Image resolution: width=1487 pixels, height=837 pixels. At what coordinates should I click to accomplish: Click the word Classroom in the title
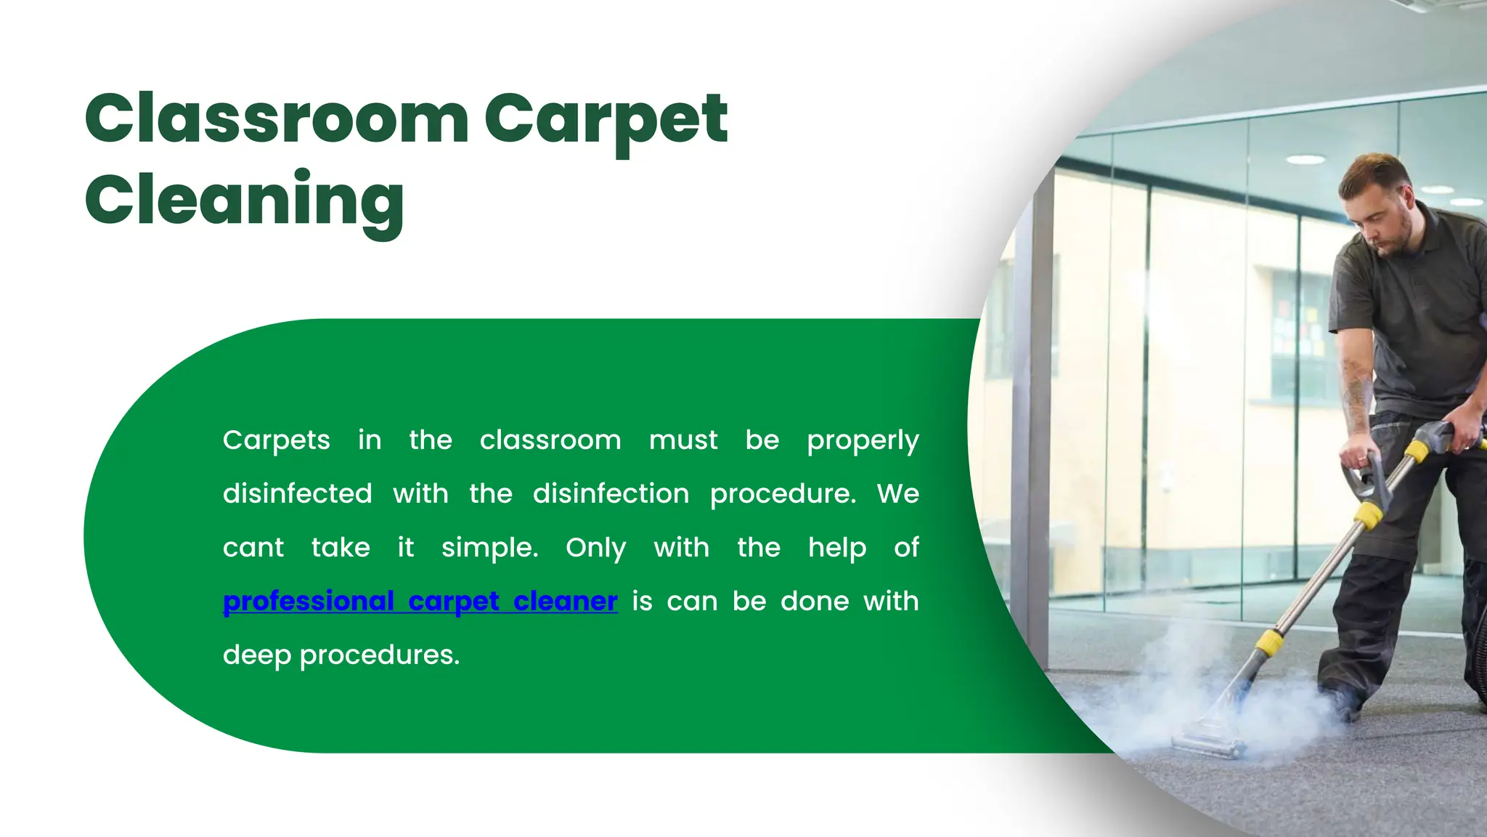coord(277,118)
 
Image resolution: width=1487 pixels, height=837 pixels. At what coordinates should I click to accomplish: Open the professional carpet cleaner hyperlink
coord(420,602)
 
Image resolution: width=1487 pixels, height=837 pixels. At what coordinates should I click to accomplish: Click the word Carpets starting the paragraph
coord(276,440)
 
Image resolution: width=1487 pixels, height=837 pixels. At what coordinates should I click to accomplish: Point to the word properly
coord(863,440)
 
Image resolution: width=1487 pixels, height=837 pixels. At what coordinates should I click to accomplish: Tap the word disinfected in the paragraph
coord(297,494)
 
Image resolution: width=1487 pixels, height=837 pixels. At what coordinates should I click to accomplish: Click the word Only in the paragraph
coord(595,548)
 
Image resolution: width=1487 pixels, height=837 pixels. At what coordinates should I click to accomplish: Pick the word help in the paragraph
coord(837,548)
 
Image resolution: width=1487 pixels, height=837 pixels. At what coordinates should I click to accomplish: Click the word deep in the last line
coord(257,655)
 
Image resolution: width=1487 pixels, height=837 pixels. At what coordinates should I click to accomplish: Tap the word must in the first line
coord(683,440)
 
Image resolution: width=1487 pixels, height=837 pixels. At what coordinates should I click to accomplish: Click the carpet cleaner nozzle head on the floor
coord(1205,743)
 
